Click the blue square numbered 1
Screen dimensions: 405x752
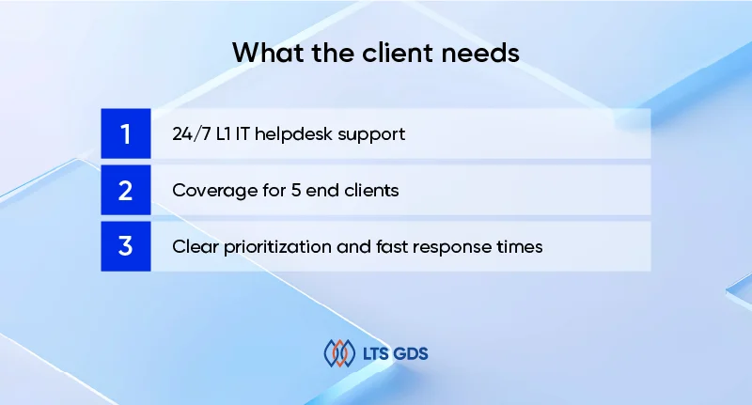pyautogui.click(x=125, y=133)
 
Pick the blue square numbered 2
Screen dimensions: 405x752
pyautogui.click(x=125, y=190)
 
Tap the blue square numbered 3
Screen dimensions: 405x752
pyautogui.click(x=125, y=246)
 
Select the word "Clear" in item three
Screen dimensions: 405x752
pyautogui.click(x=193, y=247)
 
